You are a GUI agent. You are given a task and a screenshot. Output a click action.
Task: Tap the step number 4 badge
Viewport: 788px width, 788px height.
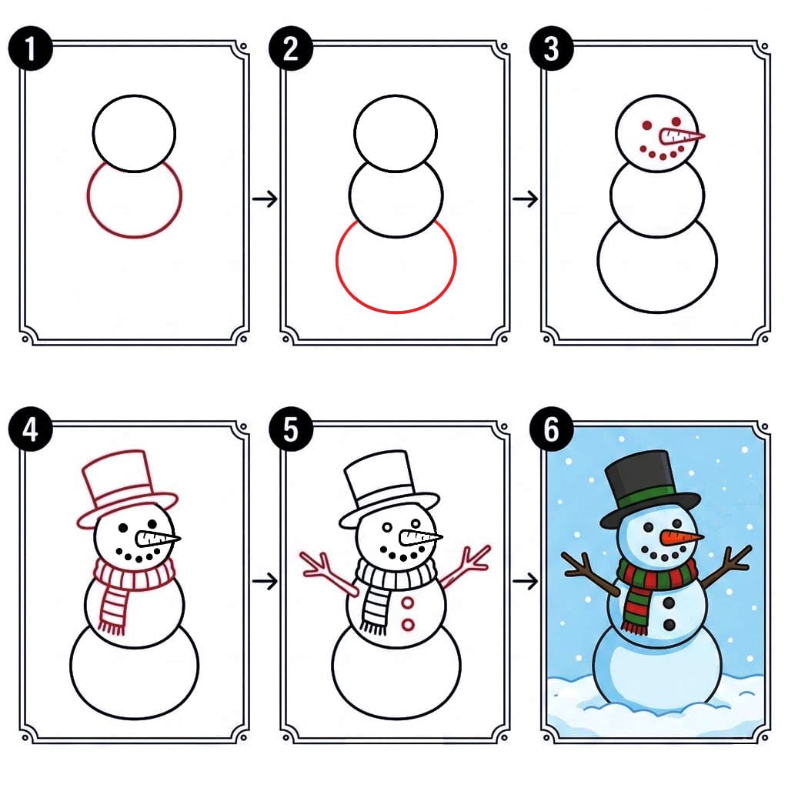coord(29,429)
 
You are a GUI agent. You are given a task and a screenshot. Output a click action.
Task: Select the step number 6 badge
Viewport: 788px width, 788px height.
coord(551,429)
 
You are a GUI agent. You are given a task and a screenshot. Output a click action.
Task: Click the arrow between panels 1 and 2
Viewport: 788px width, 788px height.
coord(265,199)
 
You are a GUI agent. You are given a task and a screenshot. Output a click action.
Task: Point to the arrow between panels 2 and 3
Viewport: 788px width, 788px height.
coord(526,199)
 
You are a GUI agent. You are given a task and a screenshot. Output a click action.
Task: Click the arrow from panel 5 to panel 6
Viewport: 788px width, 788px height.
coord(526,581)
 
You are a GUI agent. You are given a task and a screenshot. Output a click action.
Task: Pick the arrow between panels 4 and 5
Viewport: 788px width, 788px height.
coord(265,581)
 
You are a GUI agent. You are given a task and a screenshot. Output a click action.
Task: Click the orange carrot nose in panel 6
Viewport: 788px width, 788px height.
coord(681,536)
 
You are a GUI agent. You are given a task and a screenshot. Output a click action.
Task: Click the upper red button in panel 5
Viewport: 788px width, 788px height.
coord(408,603)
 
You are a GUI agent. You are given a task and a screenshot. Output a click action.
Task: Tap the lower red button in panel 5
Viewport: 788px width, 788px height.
coord(408,624)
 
